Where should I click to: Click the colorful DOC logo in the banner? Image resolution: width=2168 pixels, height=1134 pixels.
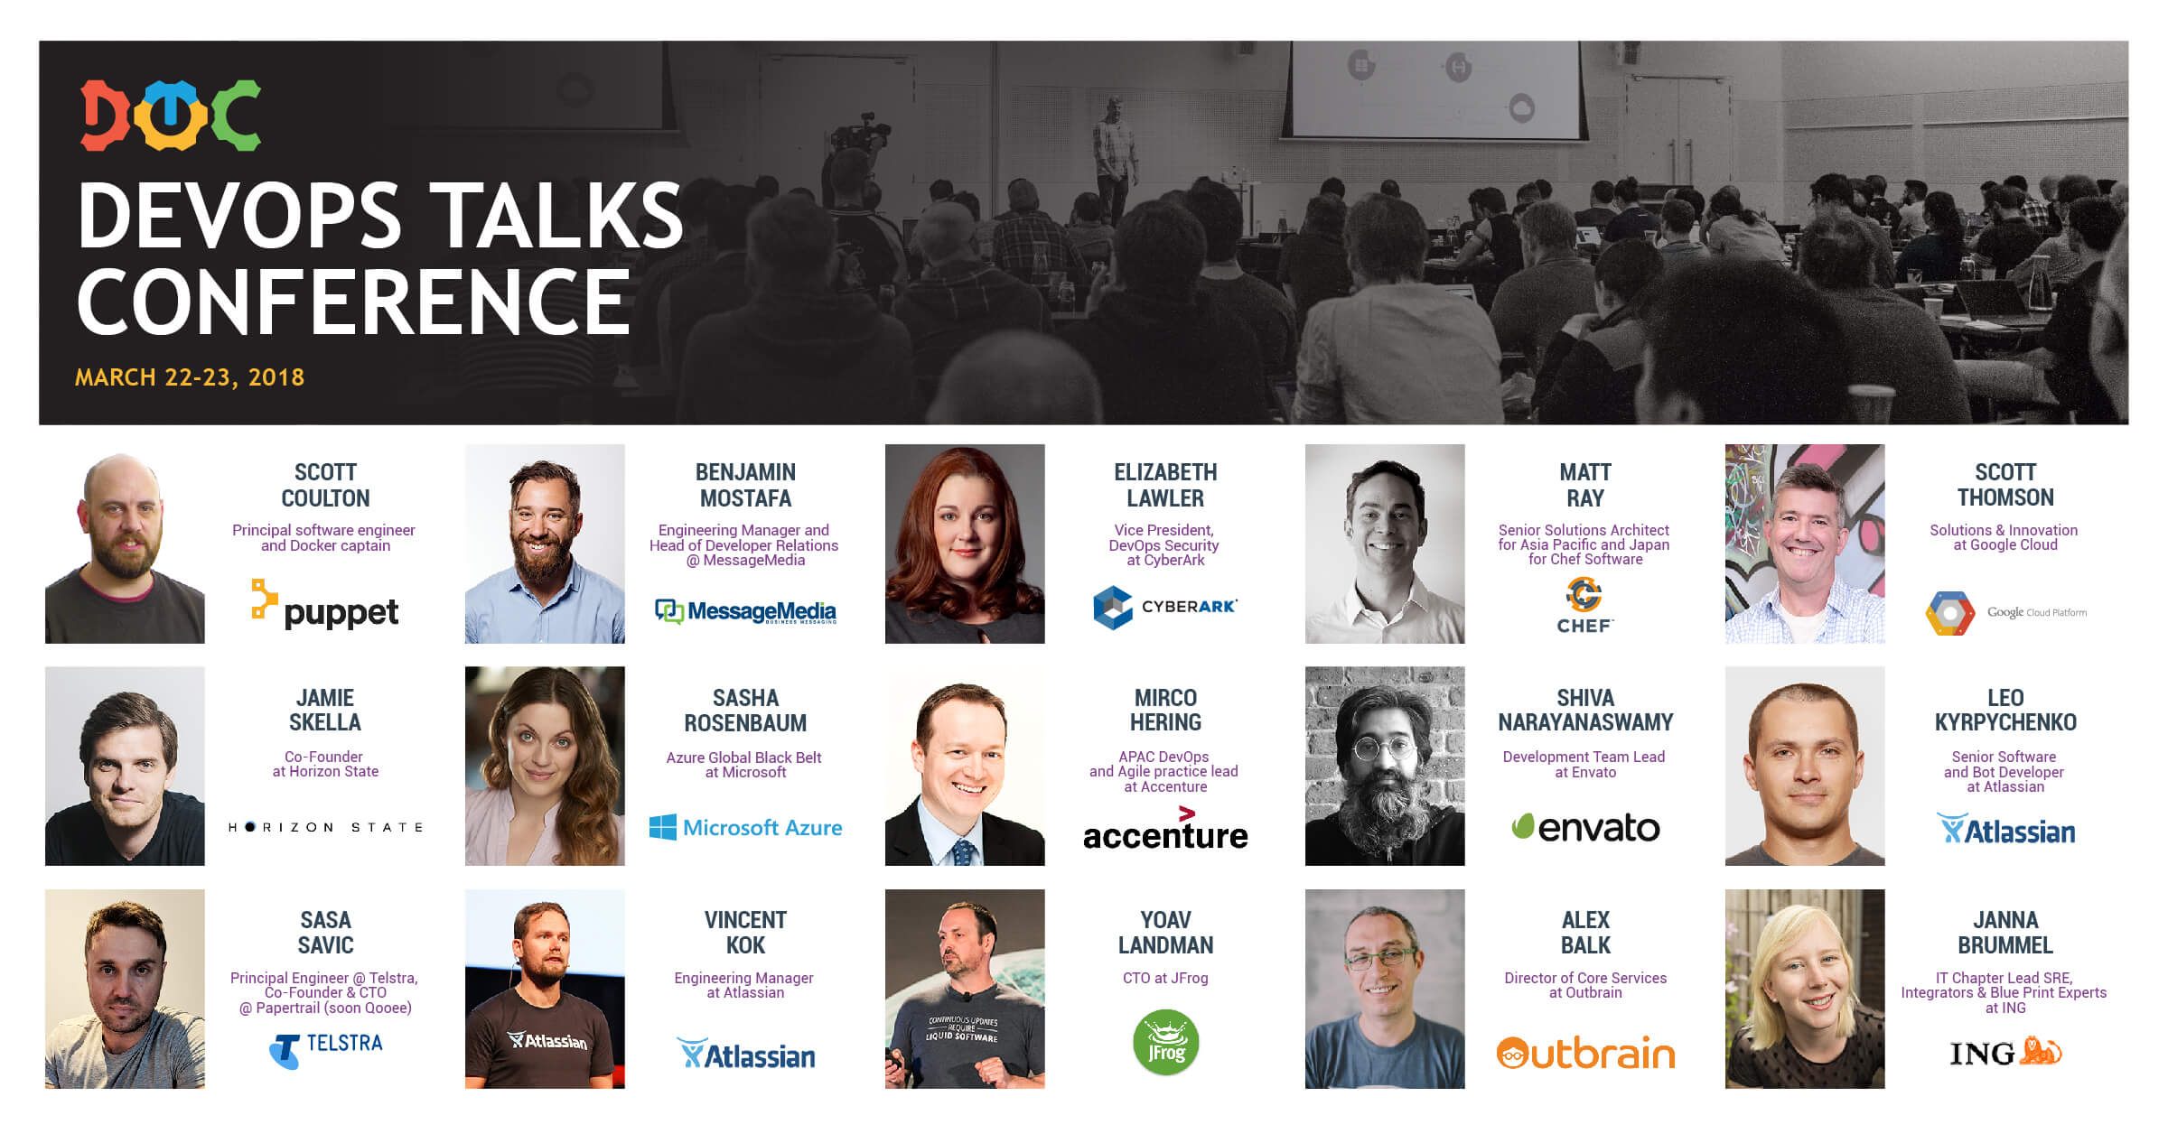(x=171, y=115)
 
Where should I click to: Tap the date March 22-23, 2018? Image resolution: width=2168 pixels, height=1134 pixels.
(x=190, y=377)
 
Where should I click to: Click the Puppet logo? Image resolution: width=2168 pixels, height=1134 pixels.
(x=324, y=604)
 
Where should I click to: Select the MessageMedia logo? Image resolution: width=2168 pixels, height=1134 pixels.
(x=745, y=611)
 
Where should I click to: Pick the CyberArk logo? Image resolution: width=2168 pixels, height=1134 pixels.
(x=1164, y=607)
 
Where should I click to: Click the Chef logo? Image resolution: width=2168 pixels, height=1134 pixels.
(x=1584, y=606)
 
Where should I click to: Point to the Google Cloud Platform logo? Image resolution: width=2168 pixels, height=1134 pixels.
(x=2005, y=613)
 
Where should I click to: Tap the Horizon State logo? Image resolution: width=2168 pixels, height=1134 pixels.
(x=325, y=827)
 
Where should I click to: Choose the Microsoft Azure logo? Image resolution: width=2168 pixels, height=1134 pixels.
(x=745, y=827)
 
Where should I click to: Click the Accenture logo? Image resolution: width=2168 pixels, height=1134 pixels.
(x=1165, y=829)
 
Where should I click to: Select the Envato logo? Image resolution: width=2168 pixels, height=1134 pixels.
(x=1585, y=827)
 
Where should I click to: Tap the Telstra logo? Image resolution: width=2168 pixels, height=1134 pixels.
(x=325, y=1050)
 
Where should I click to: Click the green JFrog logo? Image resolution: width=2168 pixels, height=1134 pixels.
(x=1165, y=1043)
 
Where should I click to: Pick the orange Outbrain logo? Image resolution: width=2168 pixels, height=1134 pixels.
(x=1585, y=1053)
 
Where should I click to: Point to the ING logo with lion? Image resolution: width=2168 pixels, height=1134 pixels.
(x=2005, y=1053)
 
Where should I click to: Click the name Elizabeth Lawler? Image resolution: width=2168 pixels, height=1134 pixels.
(x=1165, y=485)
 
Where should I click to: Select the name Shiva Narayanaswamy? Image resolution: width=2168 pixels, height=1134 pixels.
(x=1585, y=710)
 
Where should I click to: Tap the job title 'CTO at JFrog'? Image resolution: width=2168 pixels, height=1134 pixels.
(x=1165, y=978)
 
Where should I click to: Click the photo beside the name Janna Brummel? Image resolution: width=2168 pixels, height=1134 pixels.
(x=1805, y=989)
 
